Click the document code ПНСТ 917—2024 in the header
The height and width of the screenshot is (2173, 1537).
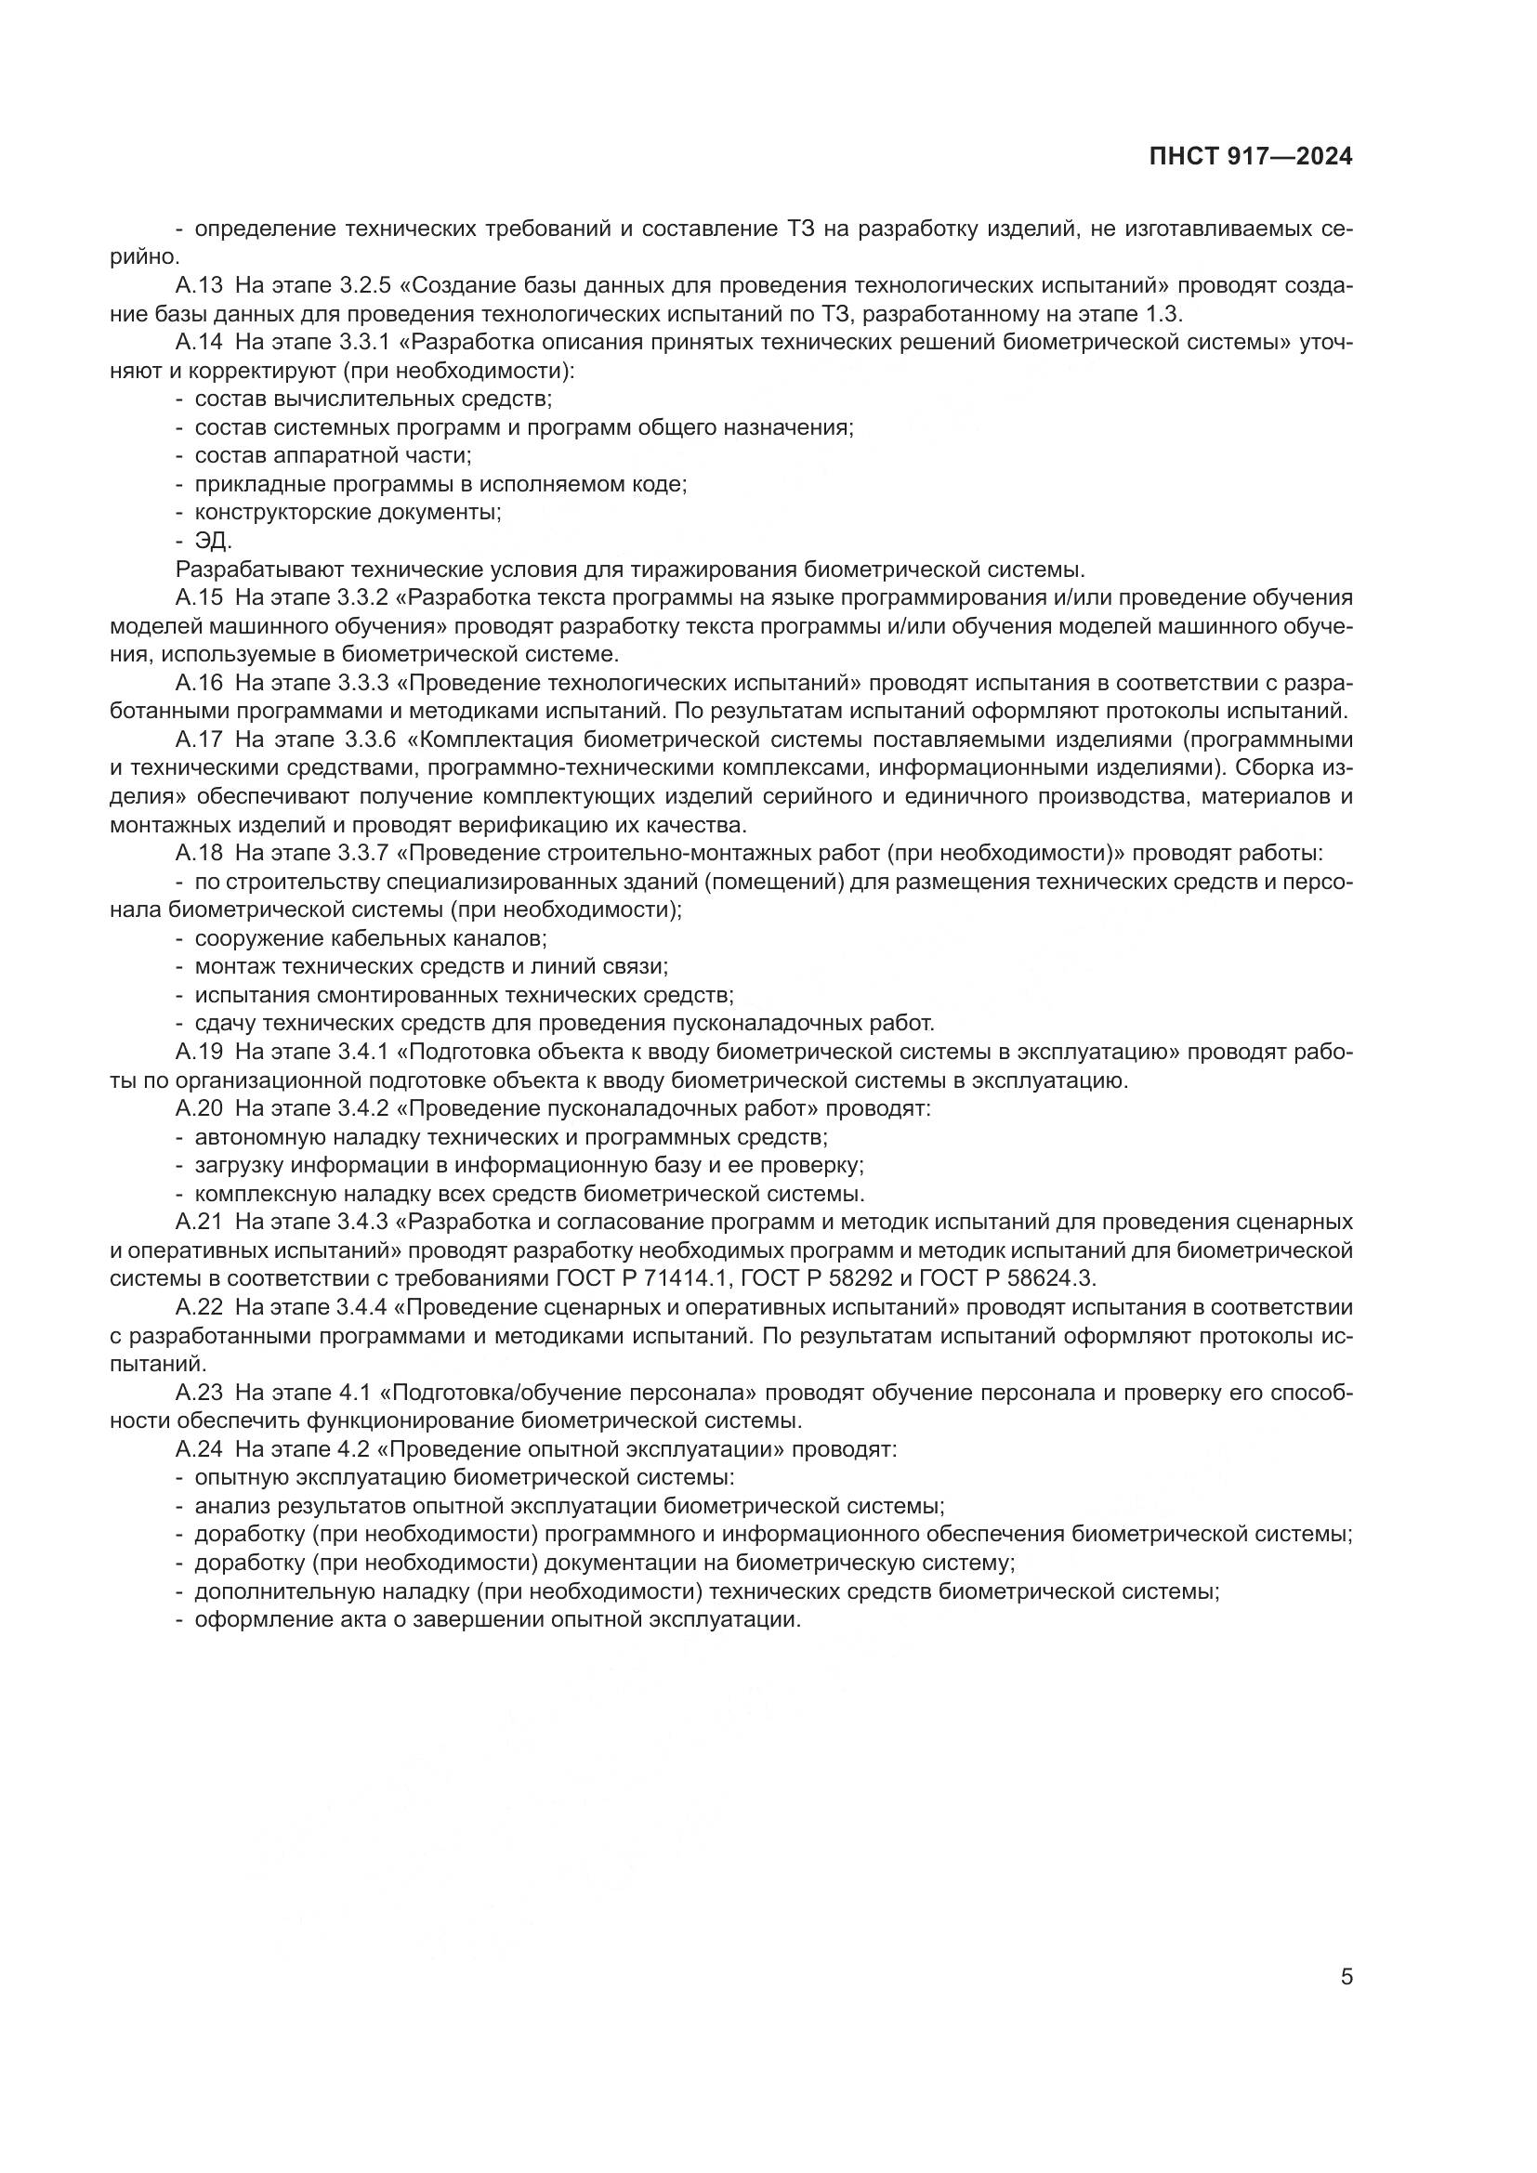[x=1250, y=157]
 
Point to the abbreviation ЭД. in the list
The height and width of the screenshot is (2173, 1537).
[x=213, y=542]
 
